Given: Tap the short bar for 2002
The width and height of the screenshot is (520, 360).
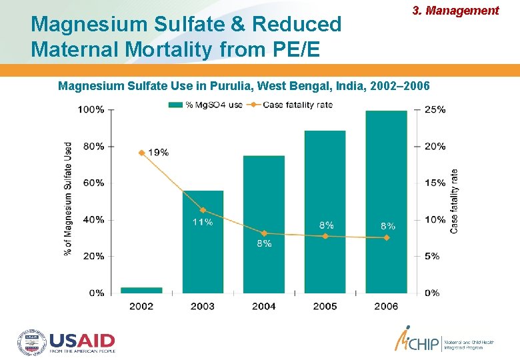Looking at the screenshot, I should (x=141, y=290).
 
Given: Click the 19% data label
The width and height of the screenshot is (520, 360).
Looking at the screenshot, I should (x=158, y=152).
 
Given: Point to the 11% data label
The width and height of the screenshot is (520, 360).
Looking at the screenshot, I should (x=203, y=222).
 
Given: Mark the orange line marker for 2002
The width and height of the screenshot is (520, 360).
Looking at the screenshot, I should (x=141, y=153).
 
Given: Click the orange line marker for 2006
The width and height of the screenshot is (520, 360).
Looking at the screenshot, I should (x=386, y=237).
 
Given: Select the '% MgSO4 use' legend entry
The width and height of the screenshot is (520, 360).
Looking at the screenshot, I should (x=205, y=104).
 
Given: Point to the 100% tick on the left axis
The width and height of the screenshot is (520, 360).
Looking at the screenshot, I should (x=91, y=109).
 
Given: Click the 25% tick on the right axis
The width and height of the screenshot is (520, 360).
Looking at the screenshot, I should (x=435, y=109).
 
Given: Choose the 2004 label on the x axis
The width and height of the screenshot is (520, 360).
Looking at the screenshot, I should (x=264, y=306).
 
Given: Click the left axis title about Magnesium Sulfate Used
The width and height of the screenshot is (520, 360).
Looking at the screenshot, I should (x=68, y=199).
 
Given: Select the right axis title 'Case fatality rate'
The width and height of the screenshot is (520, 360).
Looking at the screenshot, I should (x=455, y=200).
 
